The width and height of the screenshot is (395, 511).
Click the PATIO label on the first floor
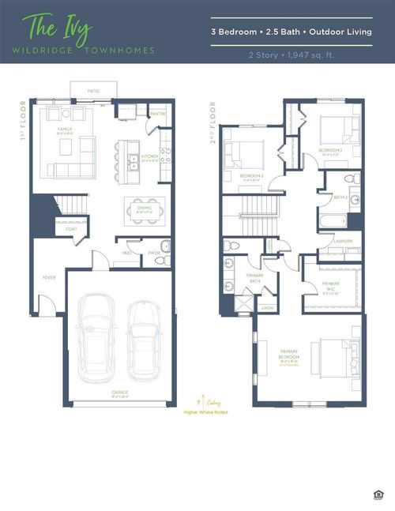(x=93, y=92)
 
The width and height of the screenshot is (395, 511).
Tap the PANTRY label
(x=158, y=114)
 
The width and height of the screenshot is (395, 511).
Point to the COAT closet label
(x=71, y=230)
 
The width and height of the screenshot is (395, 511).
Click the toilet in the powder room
(x=164, y=246)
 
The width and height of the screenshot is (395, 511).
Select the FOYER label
(x=49, y=278)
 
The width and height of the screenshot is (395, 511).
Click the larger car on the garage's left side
(x=97, y=335)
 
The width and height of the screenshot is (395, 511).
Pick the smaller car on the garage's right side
(x=145, y=335)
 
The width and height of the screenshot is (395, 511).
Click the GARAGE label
(x=120, y=392)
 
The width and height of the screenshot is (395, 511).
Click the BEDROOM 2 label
(x=251, y=175)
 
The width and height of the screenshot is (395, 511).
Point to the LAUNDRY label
(x=343, y=241)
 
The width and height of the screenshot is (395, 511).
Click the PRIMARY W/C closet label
(x=330, y=284)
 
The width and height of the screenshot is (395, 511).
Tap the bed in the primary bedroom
(x=337, y=356)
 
